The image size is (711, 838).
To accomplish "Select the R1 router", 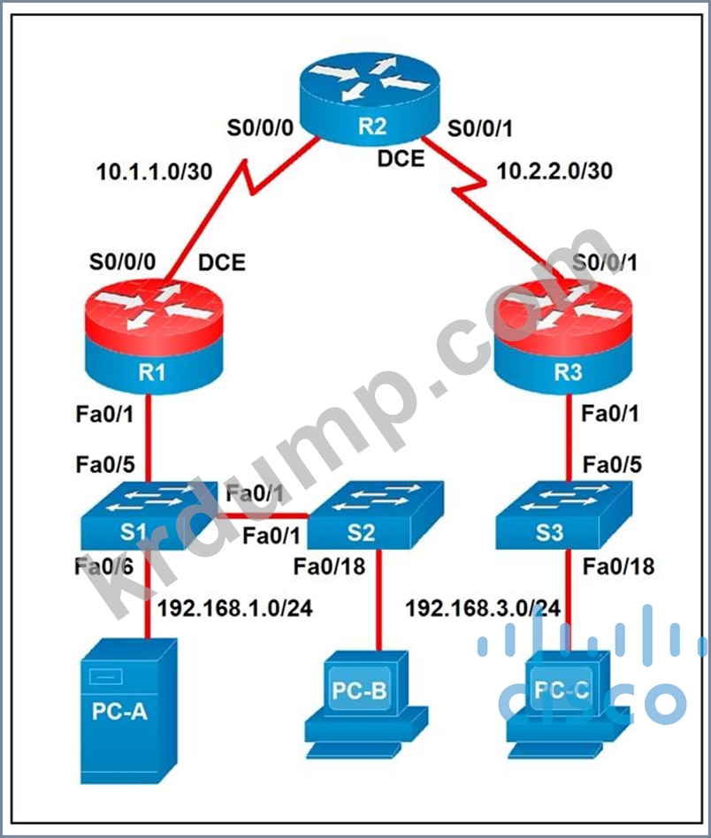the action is click(153, 337).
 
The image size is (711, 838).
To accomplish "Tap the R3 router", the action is click(562, 337).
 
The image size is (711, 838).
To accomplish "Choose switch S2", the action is click(375, 514).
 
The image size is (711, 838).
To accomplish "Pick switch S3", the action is click(563, 514).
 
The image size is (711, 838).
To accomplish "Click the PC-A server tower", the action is click(128, 711).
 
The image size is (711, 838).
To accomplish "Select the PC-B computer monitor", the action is click(367, 705).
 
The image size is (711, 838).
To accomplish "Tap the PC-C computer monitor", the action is click(568, 705).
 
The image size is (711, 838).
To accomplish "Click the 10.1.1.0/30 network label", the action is click(154, 171).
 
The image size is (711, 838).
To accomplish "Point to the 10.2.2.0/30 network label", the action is click(554, 171).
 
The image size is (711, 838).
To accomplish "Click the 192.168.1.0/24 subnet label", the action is click(234, 608).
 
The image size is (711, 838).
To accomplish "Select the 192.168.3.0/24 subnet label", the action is click(483, 608).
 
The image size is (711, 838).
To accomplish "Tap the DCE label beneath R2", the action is click(401, 159).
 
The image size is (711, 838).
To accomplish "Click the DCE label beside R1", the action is click(222, 263).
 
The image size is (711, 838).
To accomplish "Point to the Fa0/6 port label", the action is click(104, 567).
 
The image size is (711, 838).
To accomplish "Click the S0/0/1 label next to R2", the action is click(479, 128).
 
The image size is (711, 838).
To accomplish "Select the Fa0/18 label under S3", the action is click(618, 567).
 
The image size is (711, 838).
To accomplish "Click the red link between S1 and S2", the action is click(262, 515).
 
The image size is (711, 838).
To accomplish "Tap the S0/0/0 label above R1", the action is click(122, 262).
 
